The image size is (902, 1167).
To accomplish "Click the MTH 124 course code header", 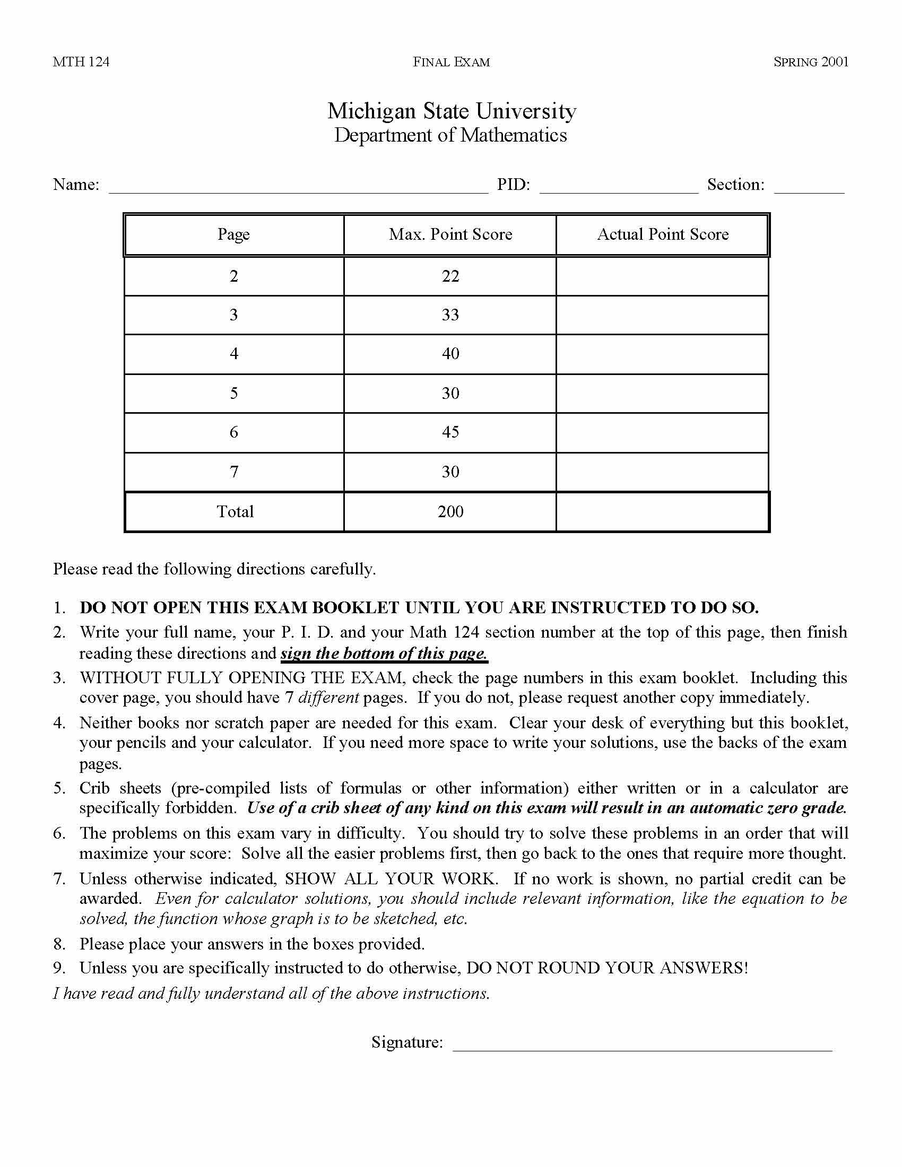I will point(81,62).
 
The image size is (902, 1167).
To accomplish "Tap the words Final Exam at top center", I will point(451,62).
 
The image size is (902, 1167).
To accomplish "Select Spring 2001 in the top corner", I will point(811,62).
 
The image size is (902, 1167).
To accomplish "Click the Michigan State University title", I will point(451,111).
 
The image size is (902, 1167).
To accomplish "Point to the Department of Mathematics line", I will point(450,135).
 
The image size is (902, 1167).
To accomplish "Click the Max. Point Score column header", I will point(450,234).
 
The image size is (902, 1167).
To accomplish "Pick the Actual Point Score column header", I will point(663,234).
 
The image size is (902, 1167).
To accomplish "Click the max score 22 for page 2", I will point(450,276).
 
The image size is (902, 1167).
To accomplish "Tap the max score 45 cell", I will point(450,432).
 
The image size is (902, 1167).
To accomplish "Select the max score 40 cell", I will point(450,354).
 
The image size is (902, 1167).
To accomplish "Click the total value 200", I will point(450,512).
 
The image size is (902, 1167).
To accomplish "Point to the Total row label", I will point(235,512).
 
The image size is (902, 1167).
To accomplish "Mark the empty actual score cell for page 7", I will point(663,472).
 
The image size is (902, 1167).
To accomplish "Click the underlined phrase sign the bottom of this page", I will point(384,654).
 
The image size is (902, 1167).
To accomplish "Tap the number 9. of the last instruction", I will point(59,968).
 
